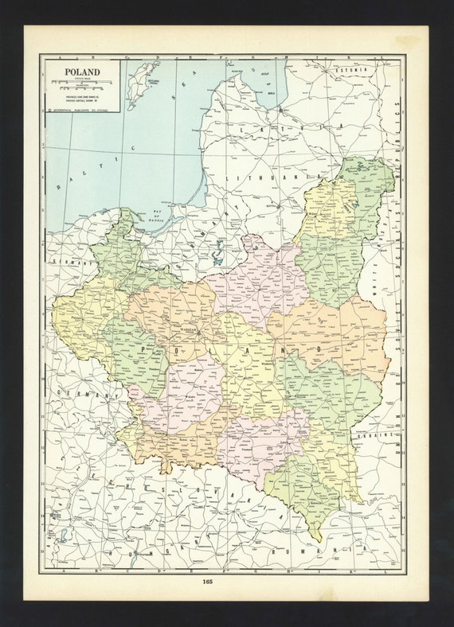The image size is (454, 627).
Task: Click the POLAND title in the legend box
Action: (x=76, y=72)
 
